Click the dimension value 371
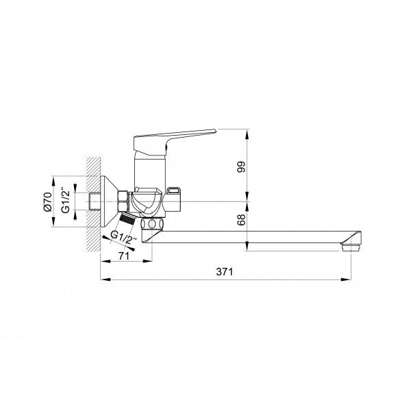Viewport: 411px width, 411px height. (225, 272)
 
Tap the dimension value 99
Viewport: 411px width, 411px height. (241, 166)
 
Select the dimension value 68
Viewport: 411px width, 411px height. (241, 220)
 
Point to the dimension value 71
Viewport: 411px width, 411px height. (124, 256)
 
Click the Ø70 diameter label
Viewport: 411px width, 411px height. (47, 201)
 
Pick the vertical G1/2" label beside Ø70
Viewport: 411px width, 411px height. (66, 200)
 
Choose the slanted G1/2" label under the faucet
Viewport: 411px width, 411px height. (124, 237)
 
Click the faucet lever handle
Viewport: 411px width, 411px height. (174, 142)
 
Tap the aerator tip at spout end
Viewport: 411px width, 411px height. (351, 247)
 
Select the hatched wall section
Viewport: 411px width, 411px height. (94, 204)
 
